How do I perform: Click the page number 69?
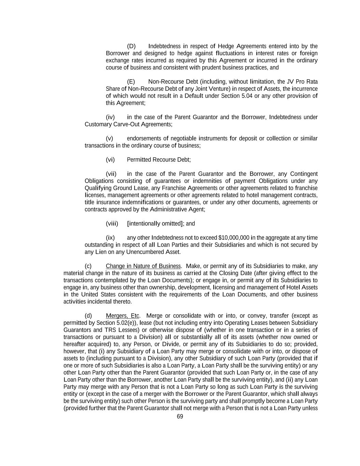coord(180,416)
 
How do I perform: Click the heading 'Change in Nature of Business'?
coord(143,266)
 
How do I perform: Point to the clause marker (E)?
coord(131,82)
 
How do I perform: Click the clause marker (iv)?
coord(110,117)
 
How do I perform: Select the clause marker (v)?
coord(110,138)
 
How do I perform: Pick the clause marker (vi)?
coord(110,159)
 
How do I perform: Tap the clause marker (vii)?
coord(111,174)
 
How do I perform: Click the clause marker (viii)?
coord(112,224)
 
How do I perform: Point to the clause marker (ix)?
coord(110,238)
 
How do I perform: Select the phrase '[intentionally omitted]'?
coord(156,224)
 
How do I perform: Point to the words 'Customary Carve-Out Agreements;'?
coord(128,124)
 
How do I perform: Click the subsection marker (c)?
coord(88,266)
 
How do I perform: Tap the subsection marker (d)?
coord(88,315)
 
